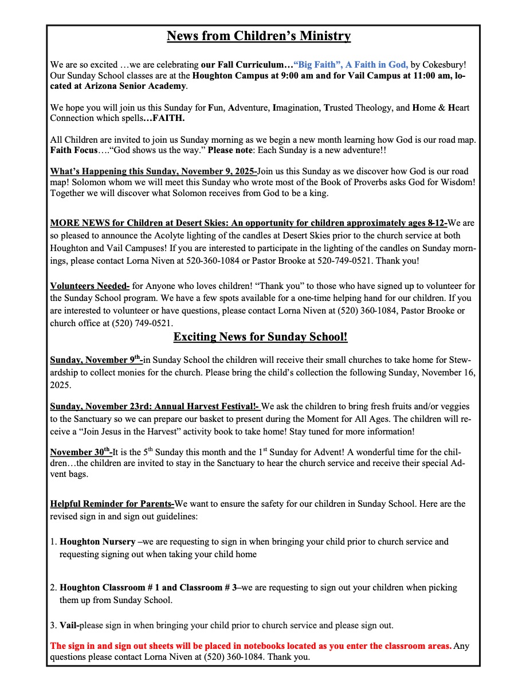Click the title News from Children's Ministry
point(258,36)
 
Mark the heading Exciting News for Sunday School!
point(260,337)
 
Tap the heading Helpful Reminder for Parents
point(112,504)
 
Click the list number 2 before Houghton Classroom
point(53,588)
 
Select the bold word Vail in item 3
point(69,625)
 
